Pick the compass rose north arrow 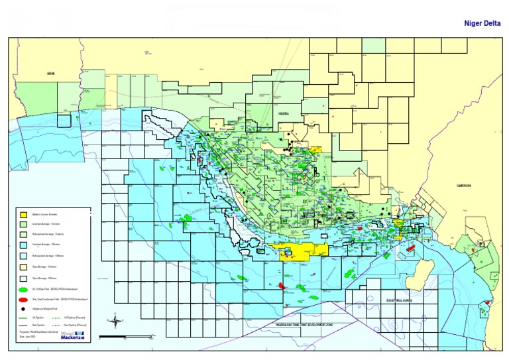117,322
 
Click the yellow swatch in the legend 24,214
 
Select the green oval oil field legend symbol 24,289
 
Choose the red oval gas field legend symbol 24,300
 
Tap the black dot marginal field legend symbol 24,309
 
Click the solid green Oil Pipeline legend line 25,318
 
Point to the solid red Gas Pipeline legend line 25,326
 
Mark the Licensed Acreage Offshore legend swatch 24,245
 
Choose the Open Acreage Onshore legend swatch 24,266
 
